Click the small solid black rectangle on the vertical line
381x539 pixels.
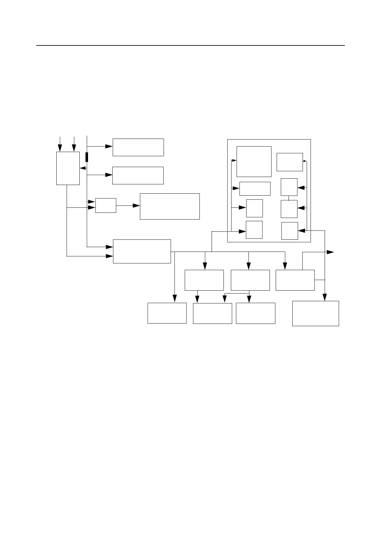coord(87,157)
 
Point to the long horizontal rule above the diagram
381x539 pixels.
coord(190,45)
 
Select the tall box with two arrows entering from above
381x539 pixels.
coord(68,168)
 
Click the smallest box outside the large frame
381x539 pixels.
coord(106,205)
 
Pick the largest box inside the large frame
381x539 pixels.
coord(254,161)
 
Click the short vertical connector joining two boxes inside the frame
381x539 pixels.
coord(289,198)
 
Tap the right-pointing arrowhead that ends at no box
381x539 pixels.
coord(330,252)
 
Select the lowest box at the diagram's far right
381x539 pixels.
coord(315,313)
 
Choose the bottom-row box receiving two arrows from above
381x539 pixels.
coord(212,313)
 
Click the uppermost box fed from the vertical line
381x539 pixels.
coord(138,147)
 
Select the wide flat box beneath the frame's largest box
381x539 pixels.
coord(255,189)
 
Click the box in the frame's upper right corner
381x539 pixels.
coord(289,162)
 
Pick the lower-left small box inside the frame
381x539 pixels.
coord(254,229)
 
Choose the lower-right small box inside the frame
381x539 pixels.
coord(289,231)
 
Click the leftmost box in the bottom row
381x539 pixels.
coord(167,313)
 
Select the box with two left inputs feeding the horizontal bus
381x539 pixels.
coord(142,251)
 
